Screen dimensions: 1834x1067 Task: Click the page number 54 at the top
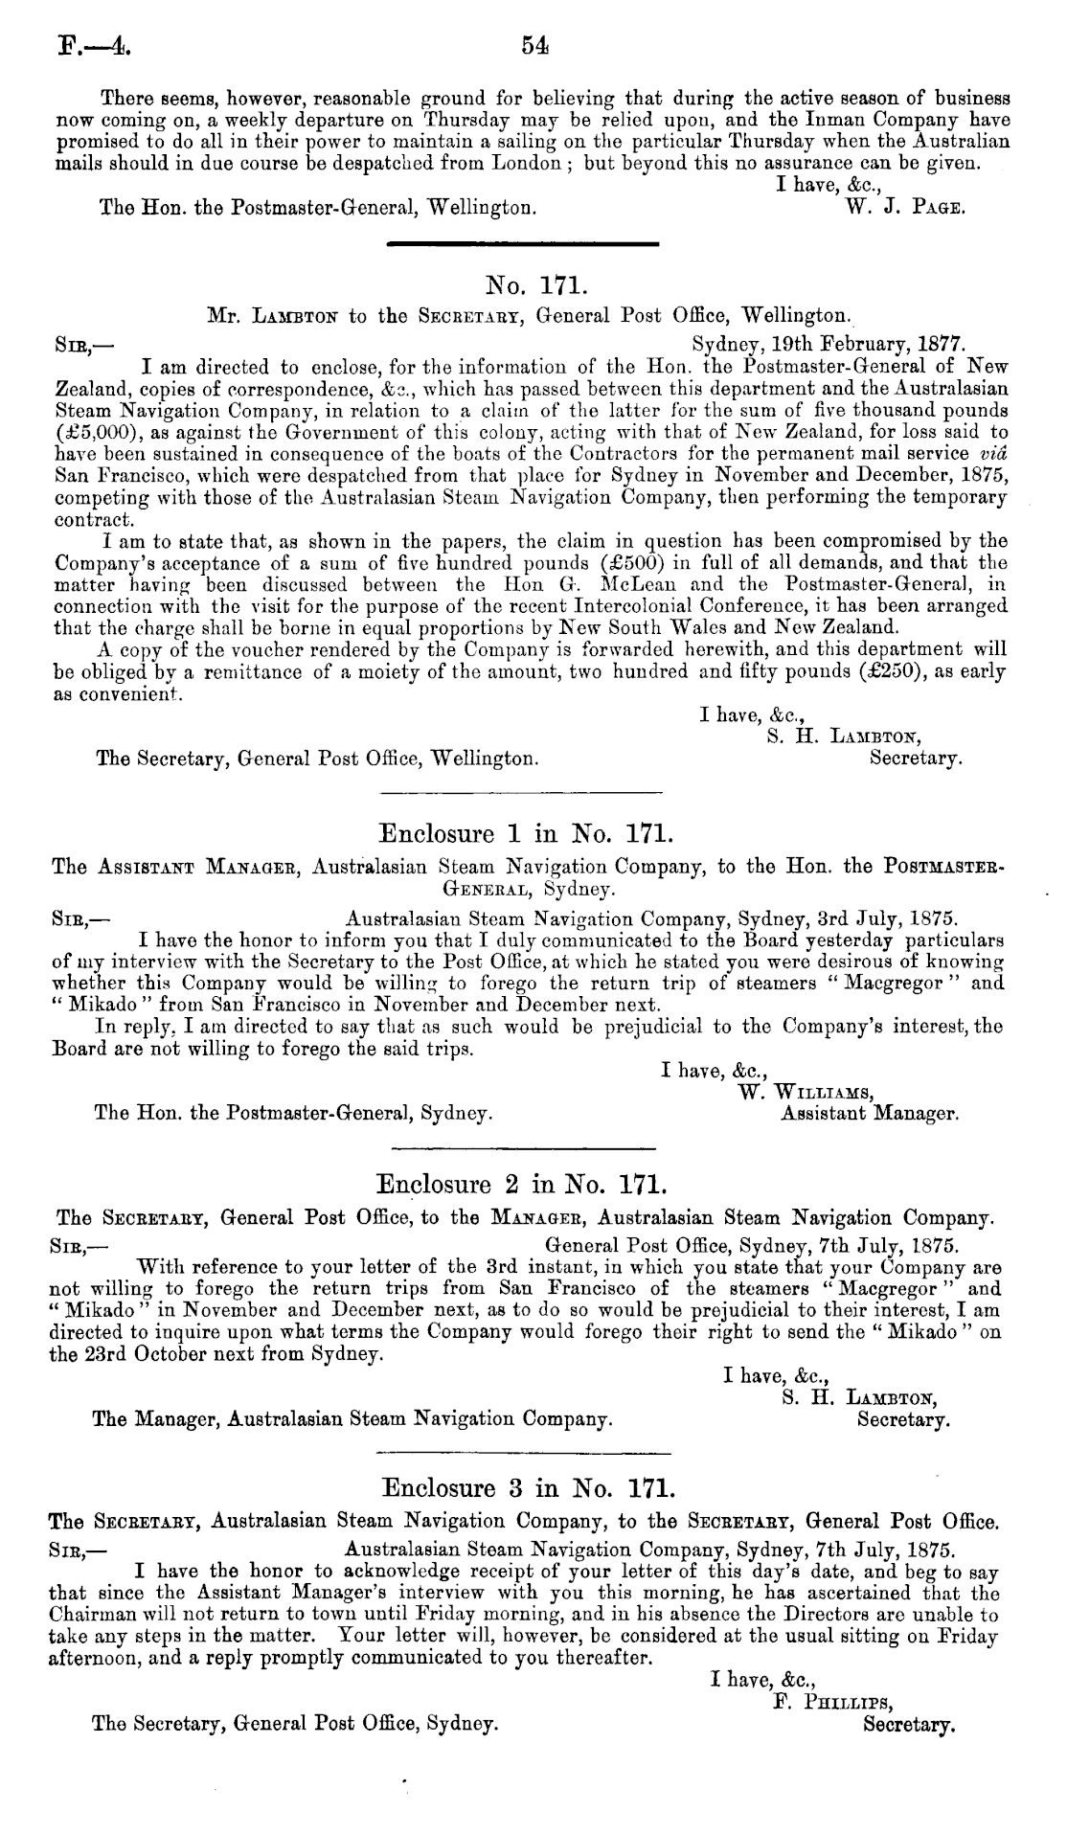coord(533,45)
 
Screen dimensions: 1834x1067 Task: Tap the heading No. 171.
coord(530,284)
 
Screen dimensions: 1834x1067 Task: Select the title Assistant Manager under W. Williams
coord(870,1114)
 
